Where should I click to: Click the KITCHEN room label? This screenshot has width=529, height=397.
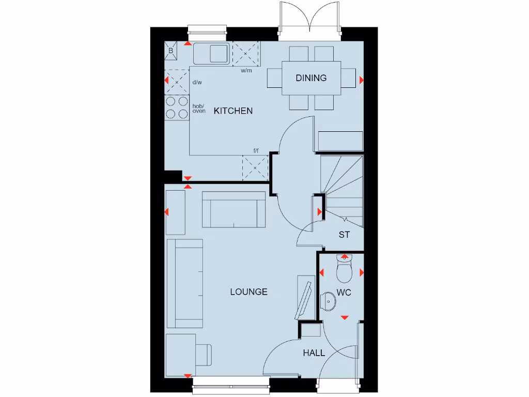point(233,111)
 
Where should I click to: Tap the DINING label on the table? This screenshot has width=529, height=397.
point(311,78)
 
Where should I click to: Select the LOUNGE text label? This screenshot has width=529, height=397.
point(248,292)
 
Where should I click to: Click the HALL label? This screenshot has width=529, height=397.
point(314,353)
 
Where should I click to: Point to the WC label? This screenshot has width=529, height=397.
point(344,293)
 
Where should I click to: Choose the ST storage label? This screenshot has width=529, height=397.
point(344,235)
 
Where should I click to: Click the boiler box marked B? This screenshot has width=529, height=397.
point(172,51)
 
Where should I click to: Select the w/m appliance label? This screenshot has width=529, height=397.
point(246,71)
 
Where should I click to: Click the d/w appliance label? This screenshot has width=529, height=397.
point(197,82)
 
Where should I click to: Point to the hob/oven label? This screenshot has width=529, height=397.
point(199,108)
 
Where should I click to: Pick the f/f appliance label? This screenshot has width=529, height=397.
point(256,151)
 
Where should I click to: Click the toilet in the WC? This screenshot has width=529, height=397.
point(344,268)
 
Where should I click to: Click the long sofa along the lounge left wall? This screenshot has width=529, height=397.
point(184,283)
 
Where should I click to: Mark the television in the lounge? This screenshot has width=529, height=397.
point(304,299)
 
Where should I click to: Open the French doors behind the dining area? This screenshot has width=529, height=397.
point(309,21)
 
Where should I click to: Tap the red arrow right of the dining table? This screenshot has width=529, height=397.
point(361,80)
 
